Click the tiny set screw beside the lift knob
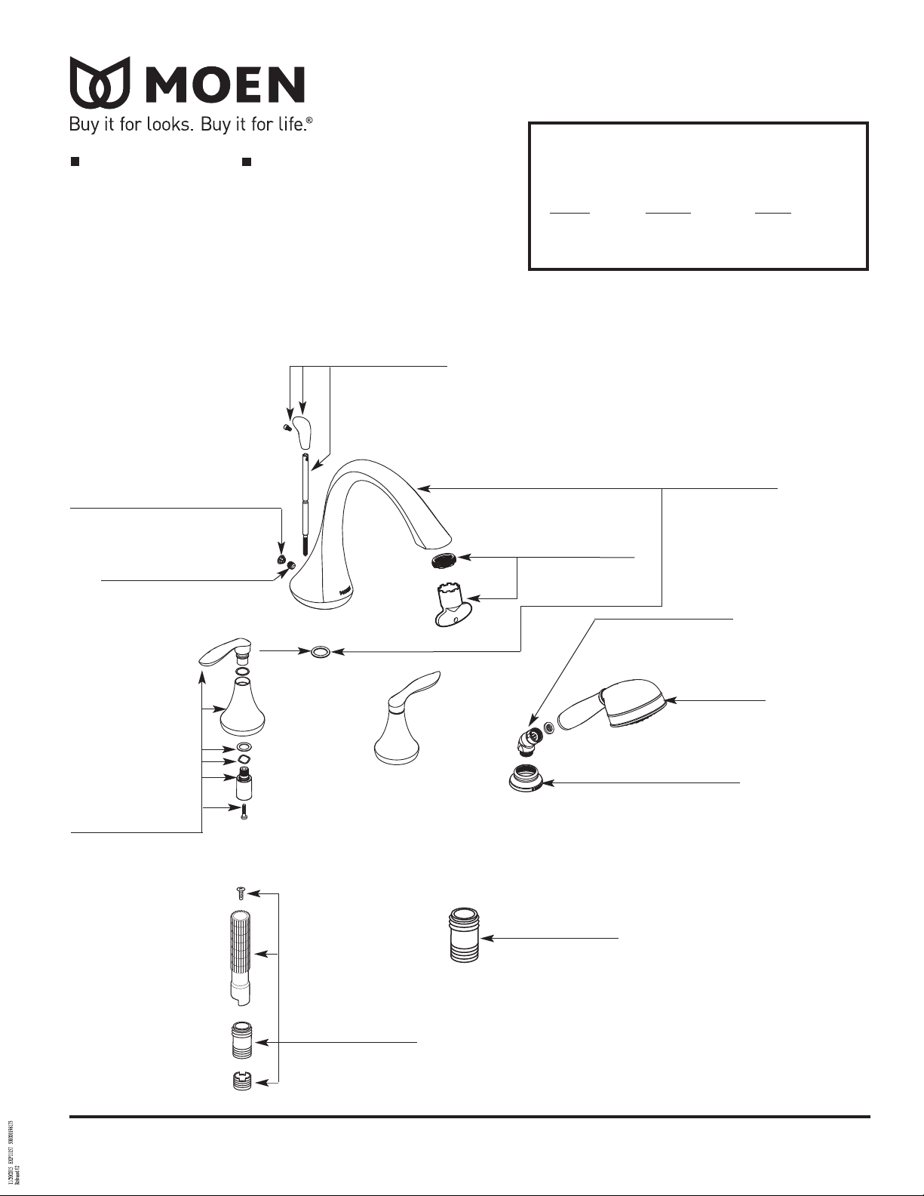coord(286,428)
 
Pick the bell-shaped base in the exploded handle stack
coord(242,709)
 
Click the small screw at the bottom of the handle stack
coord(244,812)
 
